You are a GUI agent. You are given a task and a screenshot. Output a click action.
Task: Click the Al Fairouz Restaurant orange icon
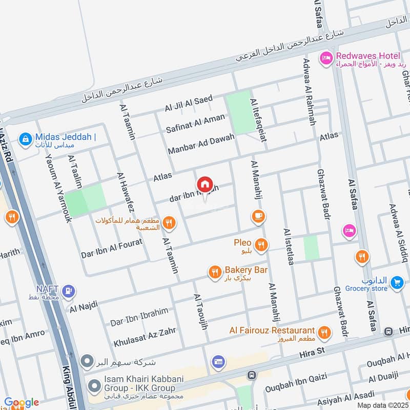click(x=323, y=333)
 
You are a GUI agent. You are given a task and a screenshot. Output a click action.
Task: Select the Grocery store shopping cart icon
click(x=396, y=282)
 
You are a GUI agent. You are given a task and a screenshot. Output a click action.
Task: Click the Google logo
click(x=21, y=402)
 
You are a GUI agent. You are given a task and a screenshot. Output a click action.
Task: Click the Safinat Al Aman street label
click(x=195, y=124)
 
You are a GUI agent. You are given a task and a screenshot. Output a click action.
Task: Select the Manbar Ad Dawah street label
click(x=201, y=144)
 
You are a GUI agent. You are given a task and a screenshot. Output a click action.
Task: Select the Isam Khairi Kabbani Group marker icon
click(x=94, y=384)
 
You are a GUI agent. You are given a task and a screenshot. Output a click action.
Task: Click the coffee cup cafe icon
click(x=258, y=216)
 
